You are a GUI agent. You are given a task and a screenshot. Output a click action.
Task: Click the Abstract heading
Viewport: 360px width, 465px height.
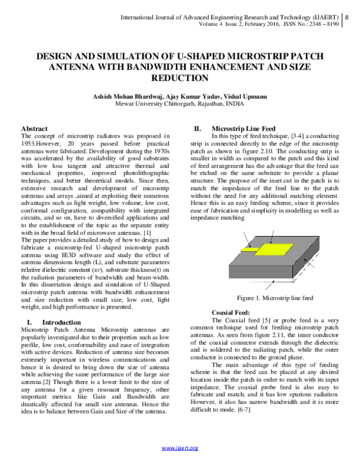pyautogui.click(x=34, y=129)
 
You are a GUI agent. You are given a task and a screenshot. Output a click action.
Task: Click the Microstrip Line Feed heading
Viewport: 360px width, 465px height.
pyautogui.click(x=244, y=129)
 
